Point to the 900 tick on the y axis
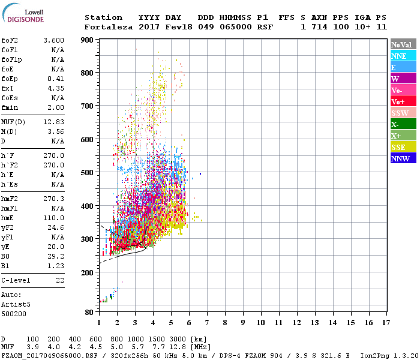click(88, 40)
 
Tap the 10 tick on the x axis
click(260, 322)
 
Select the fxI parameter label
click(8, 88)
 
